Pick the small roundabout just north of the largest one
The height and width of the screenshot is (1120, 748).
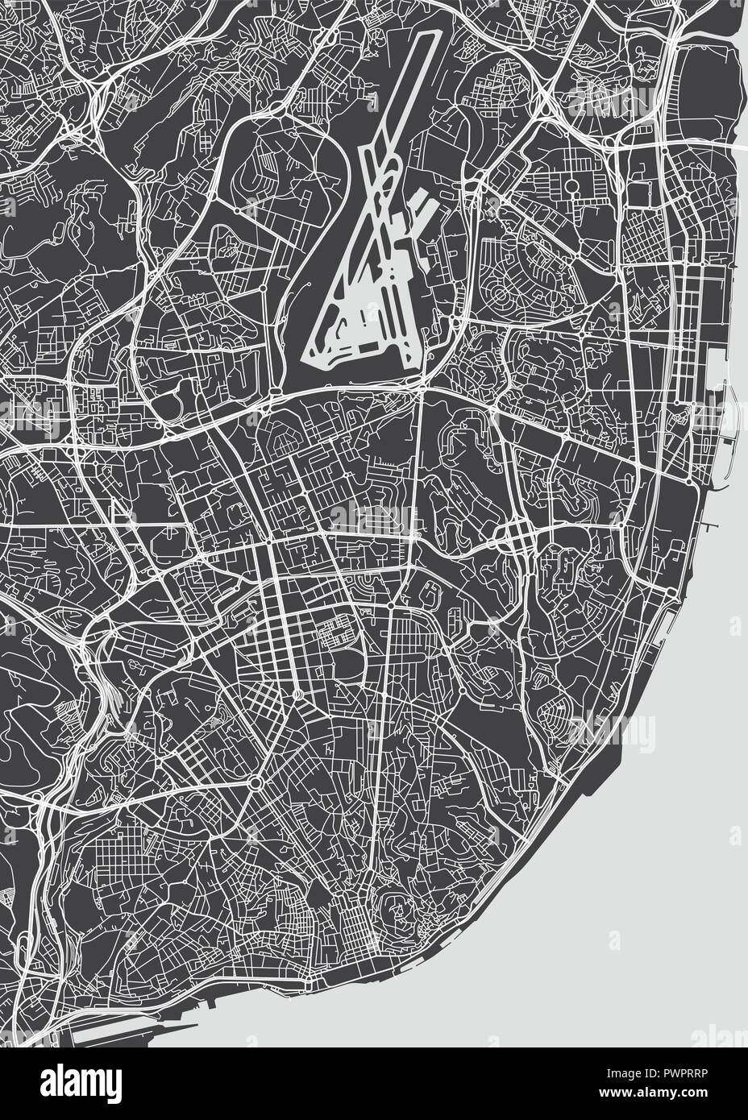(x=299, y=695)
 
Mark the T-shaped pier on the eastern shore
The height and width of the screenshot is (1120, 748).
(x=709, y=528)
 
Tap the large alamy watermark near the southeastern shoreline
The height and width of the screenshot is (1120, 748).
(x=613, y=729)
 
